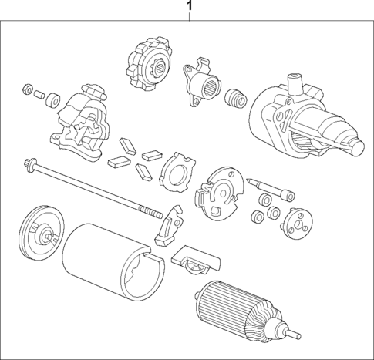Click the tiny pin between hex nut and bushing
point(40,93)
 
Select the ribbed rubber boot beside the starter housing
point(234,99)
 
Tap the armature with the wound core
point(237,311)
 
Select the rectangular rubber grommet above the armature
point(191,261)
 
